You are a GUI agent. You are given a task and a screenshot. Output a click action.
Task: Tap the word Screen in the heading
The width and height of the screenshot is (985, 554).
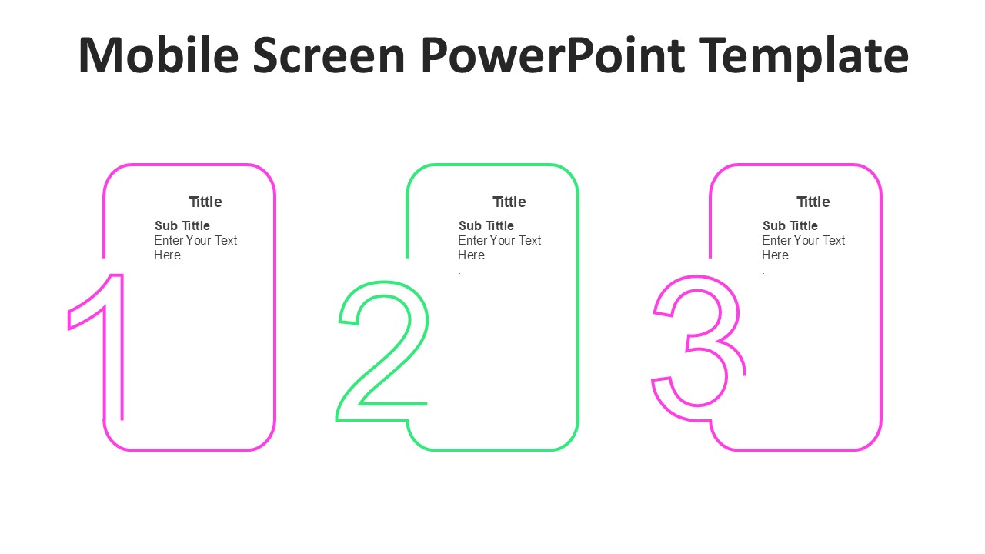tap(329, 55)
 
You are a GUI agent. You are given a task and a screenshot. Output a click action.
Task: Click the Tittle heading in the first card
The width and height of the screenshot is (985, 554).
tap(205, 202)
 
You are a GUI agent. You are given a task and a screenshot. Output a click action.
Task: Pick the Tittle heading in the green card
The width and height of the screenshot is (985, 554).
tap(509, 202)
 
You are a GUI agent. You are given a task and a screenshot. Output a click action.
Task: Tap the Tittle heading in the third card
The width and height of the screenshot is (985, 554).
tap(813, 202)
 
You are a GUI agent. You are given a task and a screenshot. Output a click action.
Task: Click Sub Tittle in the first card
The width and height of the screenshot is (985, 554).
tap(182, 225)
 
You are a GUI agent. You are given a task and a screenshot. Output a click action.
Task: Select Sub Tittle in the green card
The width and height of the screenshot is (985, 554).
tap(486, 225)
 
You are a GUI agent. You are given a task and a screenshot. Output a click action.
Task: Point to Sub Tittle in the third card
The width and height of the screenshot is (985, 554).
tap(790, 225)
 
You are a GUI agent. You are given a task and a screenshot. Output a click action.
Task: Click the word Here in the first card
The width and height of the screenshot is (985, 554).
tap(167, 255)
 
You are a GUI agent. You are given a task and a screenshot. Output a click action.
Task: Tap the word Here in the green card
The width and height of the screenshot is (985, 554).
tap(471, 255)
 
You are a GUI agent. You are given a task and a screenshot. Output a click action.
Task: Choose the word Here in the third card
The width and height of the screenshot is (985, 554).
tap(775, 255)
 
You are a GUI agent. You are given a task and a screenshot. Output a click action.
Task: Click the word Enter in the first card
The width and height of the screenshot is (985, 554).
tap(168, 241)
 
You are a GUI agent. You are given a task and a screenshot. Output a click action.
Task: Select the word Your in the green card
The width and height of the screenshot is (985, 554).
tap(503, 241)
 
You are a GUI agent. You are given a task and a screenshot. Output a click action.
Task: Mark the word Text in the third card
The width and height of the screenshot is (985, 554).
tap(833, 241)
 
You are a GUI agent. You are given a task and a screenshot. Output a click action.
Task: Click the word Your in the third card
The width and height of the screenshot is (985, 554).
tap(807, 241)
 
